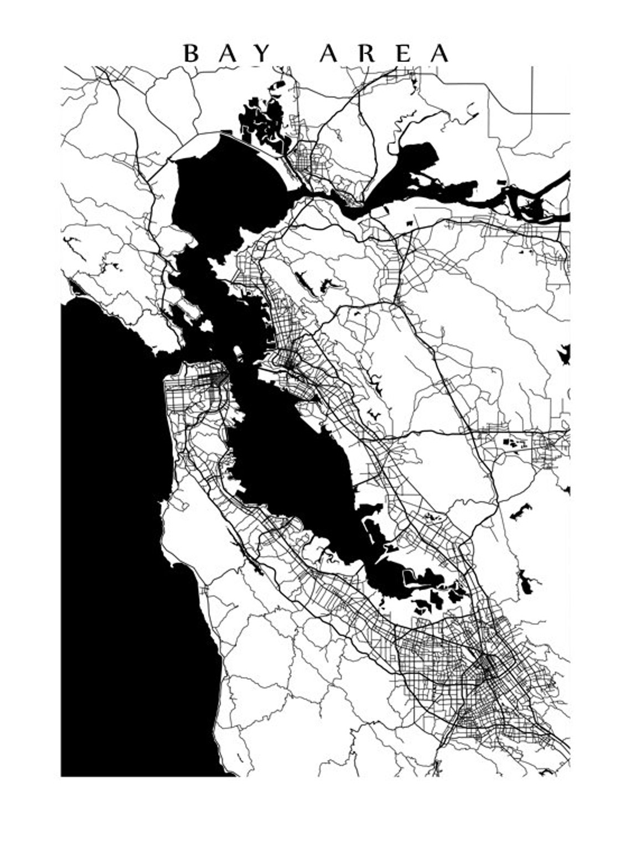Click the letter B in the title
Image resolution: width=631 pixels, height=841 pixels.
coord(191,54)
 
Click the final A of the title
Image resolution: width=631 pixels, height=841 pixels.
coord(439,54)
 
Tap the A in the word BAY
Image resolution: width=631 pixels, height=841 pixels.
coord(227,54)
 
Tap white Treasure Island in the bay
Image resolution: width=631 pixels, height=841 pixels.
coord(239,352)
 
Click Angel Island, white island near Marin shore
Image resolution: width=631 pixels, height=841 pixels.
coord(206,327)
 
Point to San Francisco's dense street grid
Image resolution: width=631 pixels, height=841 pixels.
coord(194,393)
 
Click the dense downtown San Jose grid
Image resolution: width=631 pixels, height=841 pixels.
coord(487,664)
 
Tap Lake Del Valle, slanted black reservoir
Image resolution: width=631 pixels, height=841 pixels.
coord(520,512)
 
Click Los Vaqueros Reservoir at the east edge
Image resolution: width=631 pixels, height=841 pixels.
coord(565,354)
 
